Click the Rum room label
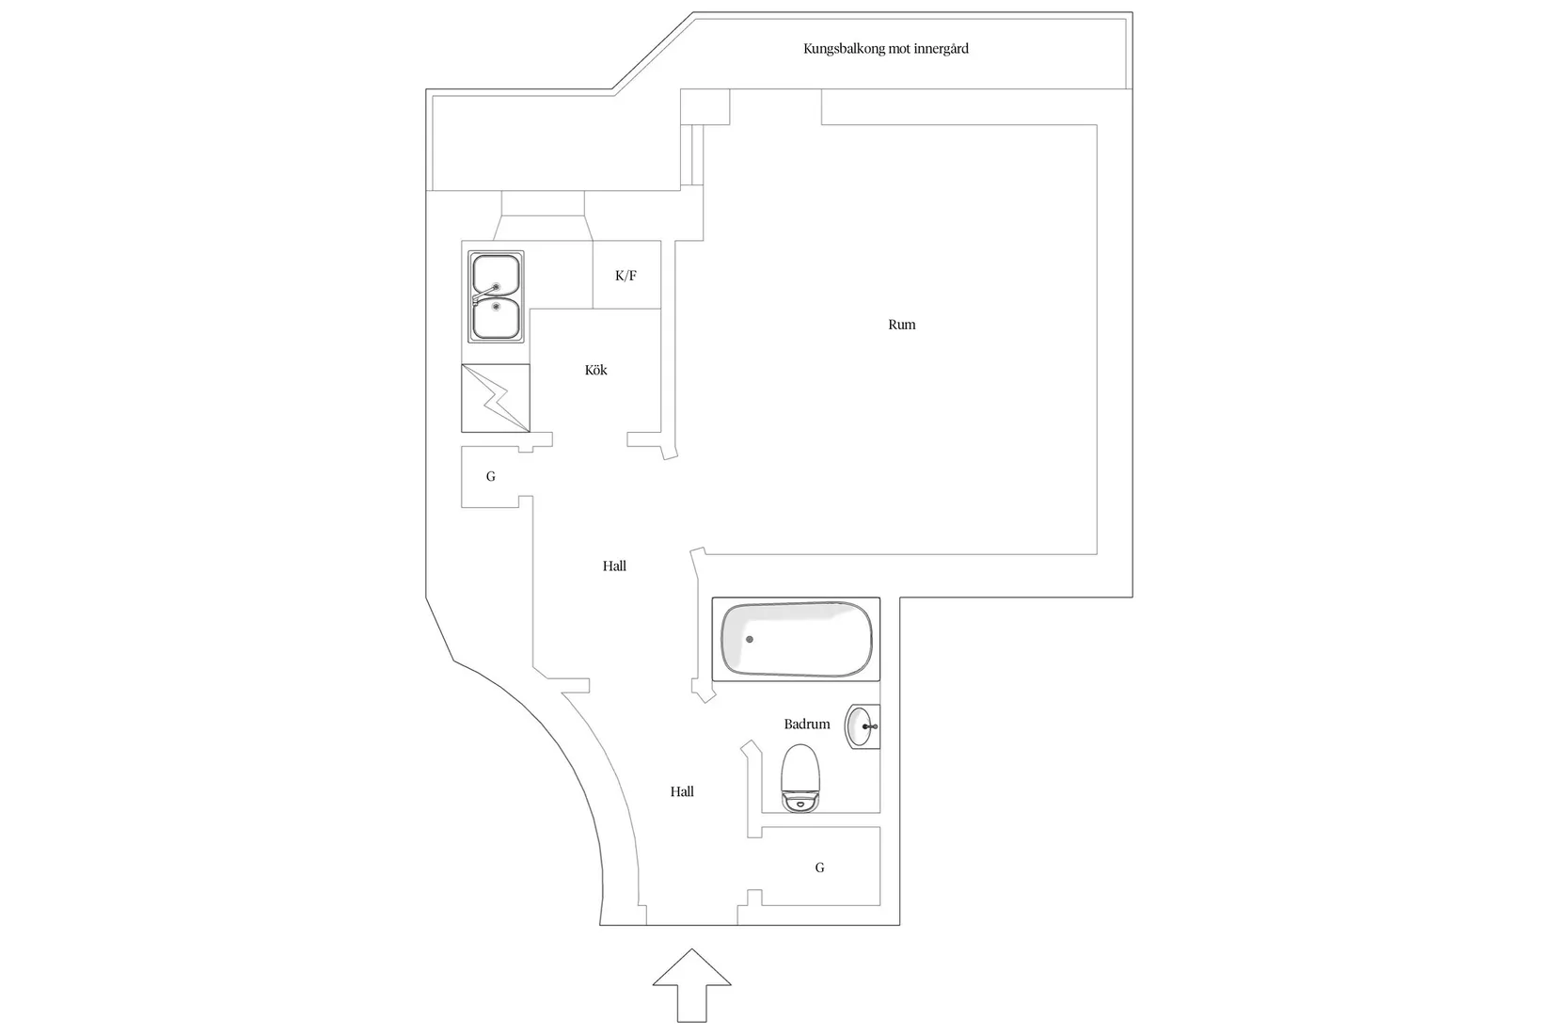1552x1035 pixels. [901, 325]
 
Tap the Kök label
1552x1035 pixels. [595, 370]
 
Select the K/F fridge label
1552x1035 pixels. [626, 276]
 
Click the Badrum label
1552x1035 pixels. [806, 724]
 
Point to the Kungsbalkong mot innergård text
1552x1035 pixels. [886, 49]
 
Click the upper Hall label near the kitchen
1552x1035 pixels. [614, 566]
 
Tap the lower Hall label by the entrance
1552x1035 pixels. [682, 791]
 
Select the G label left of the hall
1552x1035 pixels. [491, 476]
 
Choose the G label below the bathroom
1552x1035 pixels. [819, 868]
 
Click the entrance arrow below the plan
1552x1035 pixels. [691, 985]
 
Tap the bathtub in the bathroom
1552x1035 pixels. [796, 639]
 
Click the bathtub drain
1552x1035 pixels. [749, 639]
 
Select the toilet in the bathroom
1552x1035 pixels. [800, 778]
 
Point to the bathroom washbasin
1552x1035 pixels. [862, 726]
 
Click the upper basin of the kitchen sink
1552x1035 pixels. [496, 275]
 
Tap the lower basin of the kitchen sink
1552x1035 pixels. [496, 318]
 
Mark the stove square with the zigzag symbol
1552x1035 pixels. [496, 398]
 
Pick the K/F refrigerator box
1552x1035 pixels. [626, 275]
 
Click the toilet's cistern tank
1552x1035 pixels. [800, 802]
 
